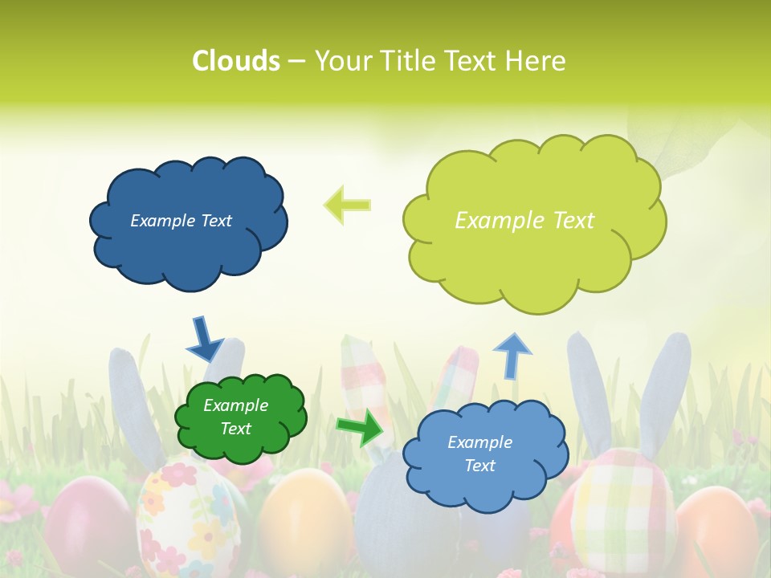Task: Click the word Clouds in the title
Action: pyautogui.click(x=235, y=61)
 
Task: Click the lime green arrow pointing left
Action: pyautogui.click(x=347, y=205)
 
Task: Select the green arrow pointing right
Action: pyautogui.click(x=360, y=427)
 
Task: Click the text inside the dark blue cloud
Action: pyautogui.click(x=181, y=221)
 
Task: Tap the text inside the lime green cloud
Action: pyautogui.click(x=524, y=221)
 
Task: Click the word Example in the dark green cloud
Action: pyautogui.click(x=235, y=405)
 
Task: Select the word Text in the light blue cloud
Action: pyautogui.click(x=480, y=466)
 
